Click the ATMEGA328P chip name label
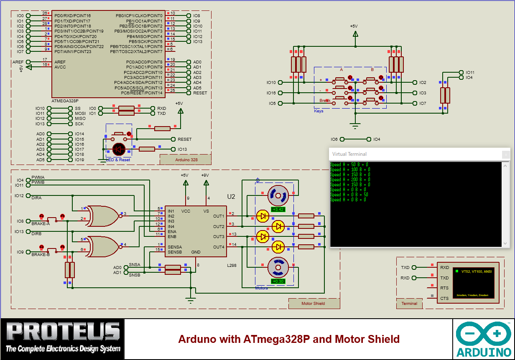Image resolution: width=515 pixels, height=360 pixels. point(65,101)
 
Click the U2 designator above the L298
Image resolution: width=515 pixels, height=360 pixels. point(231,196)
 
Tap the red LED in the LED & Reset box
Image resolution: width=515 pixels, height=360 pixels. point(119,149)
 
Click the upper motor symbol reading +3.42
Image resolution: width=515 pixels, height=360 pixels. point(278,195)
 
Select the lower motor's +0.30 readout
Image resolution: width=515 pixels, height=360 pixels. point(278,281)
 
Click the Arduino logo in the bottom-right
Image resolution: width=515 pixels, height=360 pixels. point(484,339)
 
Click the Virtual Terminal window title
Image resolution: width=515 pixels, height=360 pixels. point(349,154)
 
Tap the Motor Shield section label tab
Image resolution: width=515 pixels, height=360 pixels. point(313,303)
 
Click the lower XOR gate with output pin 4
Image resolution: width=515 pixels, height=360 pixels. point(103,246)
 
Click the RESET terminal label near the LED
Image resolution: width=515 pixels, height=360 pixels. point(184,139)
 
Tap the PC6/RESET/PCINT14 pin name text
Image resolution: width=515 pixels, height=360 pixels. point(142,93)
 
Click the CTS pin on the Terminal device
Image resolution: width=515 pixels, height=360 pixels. point(444,298)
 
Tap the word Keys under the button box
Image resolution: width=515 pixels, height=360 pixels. point(319,111)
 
